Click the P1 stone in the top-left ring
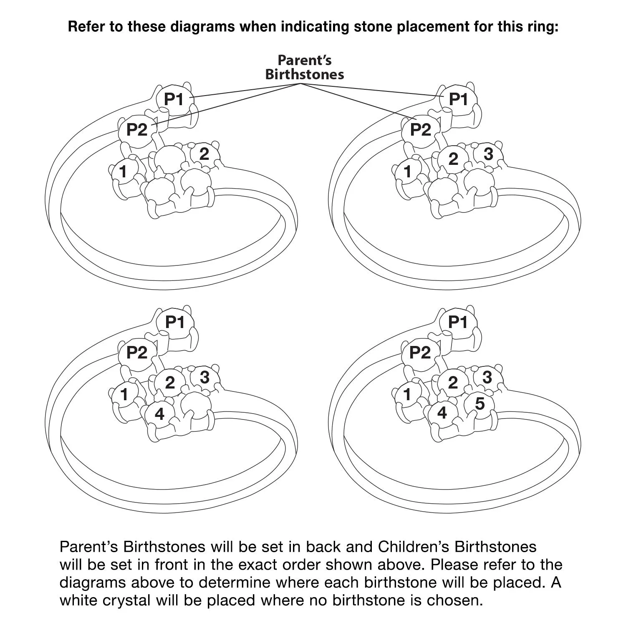(x=174, y=99)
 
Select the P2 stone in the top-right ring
(x=420, y=130)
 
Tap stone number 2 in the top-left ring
(x=204, y=154)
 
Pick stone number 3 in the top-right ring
(x=488, y=154)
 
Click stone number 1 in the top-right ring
(x=407, y=171)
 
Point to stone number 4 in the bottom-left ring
(x=159, y=414)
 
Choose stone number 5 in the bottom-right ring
(x=480, y=404)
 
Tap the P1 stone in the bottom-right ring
(x=458, y=322)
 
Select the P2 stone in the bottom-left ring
(x=137, y=353)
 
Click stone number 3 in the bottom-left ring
(x=204, y=377)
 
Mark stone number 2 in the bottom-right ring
(x=453, y=382)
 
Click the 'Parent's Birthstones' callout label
(x=305, y=67)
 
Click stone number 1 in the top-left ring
(x=123, y=171)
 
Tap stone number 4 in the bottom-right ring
(x=442, y=413)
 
